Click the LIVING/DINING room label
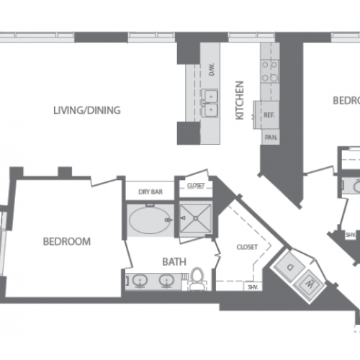pos(86,110)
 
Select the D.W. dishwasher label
pos(212,70)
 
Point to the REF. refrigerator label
pos(270,115)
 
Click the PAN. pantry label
pos(271,137)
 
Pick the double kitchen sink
pos(210,103)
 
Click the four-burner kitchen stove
pos(270,71)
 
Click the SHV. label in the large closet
pos(253,287)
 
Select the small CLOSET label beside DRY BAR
pos(194,185)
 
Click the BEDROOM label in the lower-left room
pos(66,241)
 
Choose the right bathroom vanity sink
pos(171,281)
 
